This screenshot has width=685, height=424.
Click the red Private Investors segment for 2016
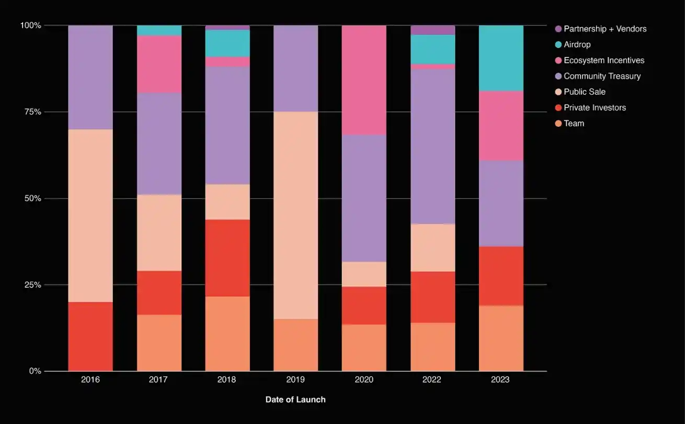click(90, 336)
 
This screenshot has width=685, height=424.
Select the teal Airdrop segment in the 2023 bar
click(501, 58)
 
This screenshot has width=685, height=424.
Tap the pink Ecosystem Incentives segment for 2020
click(364, 80)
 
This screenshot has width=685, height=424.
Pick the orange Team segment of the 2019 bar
click(295, 345)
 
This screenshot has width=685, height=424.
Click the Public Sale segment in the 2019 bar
click(295, 215)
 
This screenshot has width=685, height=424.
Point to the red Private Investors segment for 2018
click(227, 258)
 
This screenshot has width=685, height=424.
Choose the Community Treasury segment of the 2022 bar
click(432, 146)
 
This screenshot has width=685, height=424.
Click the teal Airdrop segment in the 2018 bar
click(227, 43)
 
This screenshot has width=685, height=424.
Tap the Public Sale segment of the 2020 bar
click(364, 274)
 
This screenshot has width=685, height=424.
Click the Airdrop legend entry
click(577, 44)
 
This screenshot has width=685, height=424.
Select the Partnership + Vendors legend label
click(605, 29)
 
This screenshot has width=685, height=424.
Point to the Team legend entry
click(574, 124)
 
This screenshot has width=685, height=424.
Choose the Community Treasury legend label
click(602, 76)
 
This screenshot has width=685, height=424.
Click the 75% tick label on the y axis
click(31, 112)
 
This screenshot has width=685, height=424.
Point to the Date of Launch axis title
click(295, 399)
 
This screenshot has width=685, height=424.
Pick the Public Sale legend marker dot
click(558, 92)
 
